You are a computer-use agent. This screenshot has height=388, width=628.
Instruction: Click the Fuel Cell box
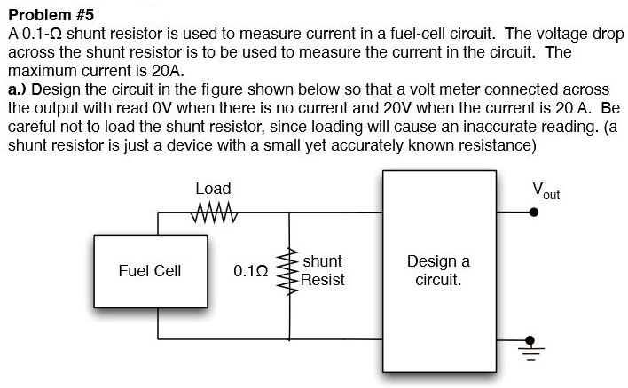coord(149,271)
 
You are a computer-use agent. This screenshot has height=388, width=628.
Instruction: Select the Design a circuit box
coord(438,271)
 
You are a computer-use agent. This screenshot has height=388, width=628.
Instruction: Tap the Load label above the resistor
coord(213,189)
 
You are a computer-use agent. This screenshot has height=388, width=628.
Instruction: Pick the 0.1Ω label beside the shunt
coord(250,271)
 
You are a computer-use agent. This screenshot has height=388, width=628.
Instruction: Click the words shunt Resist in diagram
coord(322,271)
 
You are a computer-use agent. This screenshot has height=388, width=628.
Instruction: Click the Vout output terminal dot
coord(533,213)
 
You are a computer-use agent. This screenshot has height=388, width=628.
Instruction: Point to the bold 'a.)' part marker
coord(17,89)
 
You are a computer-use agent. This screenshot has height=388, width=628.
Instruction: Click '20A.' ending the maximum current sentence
coord(167,71)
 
